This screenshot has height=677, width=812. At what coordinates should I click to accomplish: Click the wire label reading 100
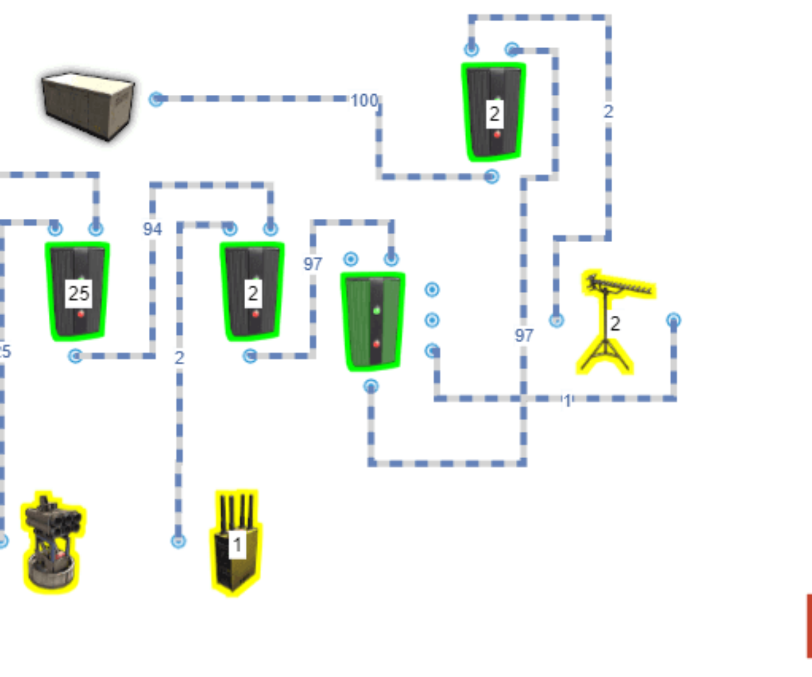click(x=364, y=100)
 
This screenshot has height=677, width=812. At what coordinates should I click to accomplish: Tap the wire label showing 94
click(x=152, y=230)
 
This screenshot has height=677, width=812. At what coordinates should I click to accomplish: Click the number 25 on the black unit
click(x=78, y=293)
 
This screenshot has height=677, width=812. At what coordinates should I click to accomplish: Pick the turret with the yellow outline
click(x=52, y=542)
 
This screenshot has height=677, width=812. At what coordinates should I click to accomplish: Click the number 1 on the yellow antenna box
click(x=237, y=544)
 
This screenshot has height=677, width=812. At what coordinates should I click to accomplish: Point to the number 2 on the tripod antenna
click(x=615, y=324)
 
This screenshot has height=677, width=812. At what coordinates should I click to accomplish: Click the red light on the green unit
click(x=376, y=344)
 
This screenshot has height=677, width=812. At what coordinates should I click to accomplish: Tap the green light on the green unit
click(x=376, y=310)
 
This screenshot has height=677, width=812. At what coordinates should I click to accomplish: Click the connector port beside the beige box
click(x=156, y=99)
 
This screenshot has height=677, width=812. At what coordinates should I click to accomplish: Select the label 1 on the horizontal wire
click(x=566, y=401)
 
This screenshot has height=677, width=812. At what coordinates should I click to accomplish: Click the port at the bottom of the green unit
click(x=371, y=387)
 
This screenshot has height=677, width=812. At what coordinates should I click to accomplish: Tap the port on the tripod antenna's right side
click(x=673, y=320)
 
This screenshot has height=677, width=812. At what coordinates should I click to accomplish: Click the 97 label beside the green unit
click(x=312, y=264)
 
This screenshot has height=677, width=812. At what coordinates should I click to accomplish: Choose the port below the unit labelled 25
click(x=75, y=356)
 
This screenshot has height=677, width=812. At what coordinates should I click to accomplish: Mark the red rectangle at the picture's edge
click(x=808, y=626)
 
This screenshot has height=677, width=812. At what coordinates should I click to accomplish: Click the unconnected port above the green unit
click(x=350, y=260)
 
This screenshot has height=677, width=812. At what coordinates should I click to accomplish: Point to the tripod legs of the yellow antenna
click(x=605, y=357)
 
